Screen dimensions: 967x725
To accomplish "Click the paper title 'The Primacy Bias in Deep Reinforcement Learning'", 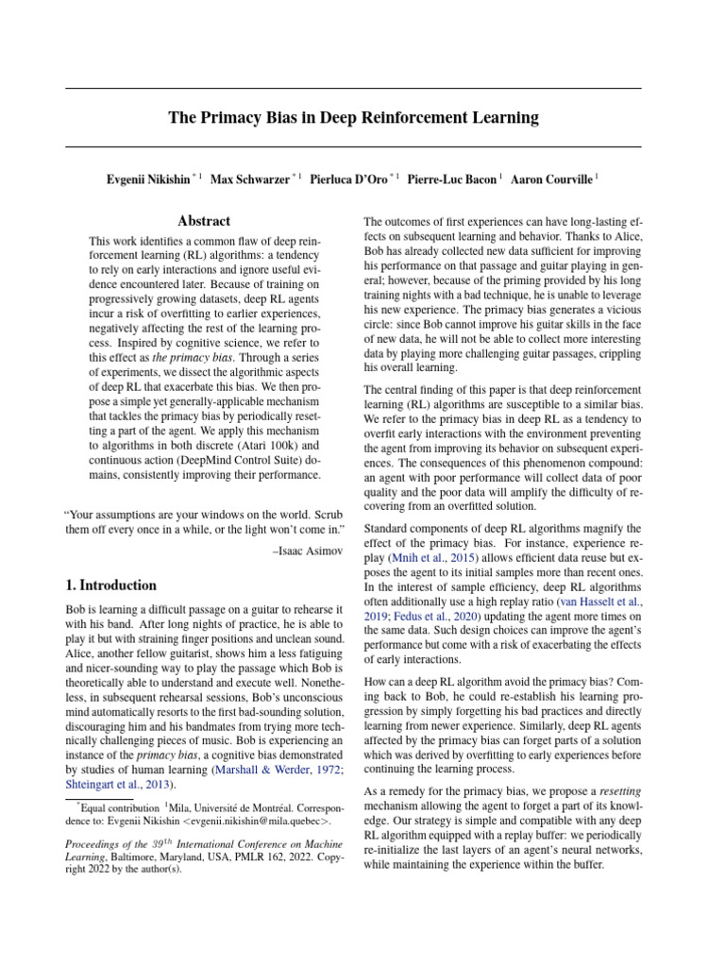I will click(x=353, y=118).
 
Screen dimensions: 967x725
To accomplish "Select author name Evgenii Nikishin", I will click(x=148, y=178).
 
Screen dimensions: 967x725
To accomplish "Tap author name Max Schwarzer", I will click(x=249, y=178).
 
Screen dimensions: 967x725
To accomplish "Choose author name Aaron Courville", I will click(x=551, y=178).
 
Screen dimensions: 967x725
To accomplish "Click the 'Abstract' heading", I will click(x=204, y=221).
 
